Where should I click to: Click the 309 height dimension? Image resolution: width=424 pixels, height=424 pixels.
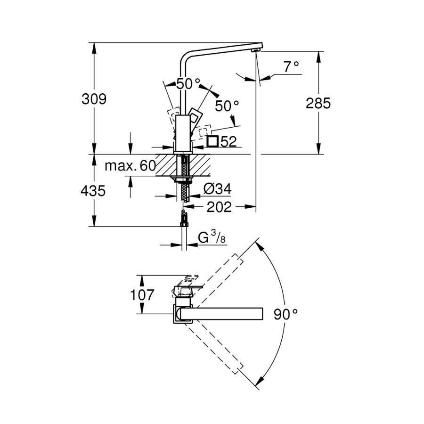[x=94, y=99]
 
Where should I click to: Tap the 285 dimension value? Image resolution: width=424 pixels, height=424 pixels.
[x=318, y=103]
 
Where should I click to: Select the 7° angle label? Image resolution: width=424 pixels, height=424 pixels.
[x=291, y=67]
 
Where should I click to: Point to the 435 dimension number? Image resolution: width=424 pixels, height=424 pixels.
[x=93, y=191]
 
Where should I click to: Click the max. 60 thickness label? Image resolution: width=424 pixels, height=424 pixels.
[x=130, y=165]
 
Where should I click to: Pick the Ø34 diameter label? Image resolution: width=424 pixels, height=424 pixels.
[x=217, y=189]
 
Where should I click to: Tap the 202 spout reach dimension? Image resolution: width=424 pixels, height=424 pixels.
[x=219, y=207]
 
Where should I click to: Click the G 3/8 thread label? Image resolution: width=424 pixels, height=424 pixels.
[x=212, y=237]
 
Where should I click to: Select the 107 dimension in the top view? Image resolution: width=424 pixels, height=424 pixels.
[x=142, y=295]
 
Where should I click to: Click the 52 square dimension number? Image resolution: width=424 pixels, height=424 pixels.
[x=228, y=141]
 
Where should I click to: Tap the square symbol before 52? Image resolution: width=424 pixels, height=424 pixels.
[x=212, y=141]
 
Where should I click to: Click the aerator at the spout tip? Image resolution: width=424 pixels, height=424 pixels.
[x=255, y=50]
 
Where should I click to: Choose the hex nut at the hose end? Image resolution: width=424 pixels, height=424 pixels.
[x=184, y=224]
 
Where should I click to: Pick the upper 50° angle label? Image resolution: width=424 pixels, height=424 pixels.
[x=188, y=84]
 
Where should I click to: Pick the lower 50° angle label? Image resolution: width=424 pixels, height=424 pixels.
[x=227, y=106]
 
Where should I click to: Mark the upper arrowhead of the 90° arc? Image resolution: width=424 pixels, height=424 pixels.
[x=259, y=245]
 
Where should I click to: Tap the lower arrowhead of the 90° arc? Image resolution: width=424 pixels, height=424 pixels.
[x=260, y=382]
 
